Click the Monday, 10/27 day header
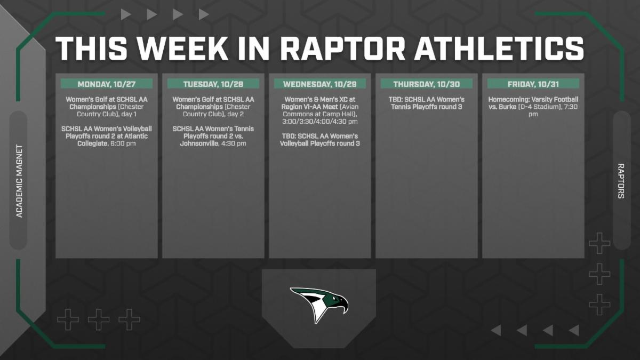tap(107, 84)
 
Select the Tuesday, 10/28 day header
tap(213, 84)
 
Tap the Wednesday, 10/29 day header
tap(320, 84)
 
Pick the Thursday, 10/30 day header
tap(427, 84)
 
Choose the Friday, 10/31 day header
tap(533, 84)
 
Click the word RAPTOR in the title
tap(342, 49)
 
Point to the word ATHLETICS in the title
tap(499, 49)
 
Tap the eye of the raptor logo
tap(334, 299)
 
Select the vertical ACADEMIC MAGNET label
tap(19, 181)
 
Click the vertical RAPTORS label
tap(621, 181)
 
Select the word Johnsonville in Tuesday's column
tap(199, 143)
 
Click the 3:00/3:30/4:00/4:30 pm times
tap(320, 122)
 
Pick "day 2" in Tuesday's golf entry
tap(235, 114)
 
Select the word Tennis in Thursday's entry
tap(402, 107)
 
